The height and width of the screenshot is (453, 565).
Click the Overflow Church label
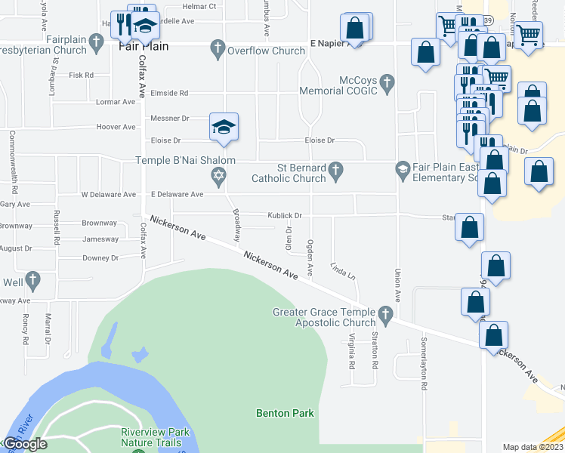[267, 51]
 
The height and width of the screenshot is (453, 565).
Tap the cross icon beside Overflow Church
[218, 51]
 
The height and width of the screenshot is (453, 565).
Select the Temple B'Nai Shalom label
[186, 160]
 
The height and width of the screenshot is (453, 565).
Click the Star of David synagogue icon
[218, 177]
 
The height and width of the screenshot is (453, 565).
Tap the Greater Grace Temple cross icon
[386, 313]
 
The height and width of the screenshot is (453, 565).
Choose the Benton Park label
[285, 413]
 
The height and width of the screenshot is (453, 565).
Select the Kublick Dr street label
[285, 216]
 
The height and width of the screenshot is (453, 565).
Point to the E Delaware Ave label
[177, 194]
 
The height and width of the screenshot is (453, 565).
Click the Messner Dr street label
[170, 119]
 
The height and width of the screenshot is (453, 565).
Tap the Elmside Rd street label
[168, 93]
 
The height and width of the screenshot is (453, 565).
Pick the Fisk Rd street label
[81, 75]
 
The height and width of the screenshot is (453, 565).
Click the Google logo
[25, 444]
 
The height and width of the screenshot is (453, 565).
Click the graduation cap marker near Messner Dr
[224, 126]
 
